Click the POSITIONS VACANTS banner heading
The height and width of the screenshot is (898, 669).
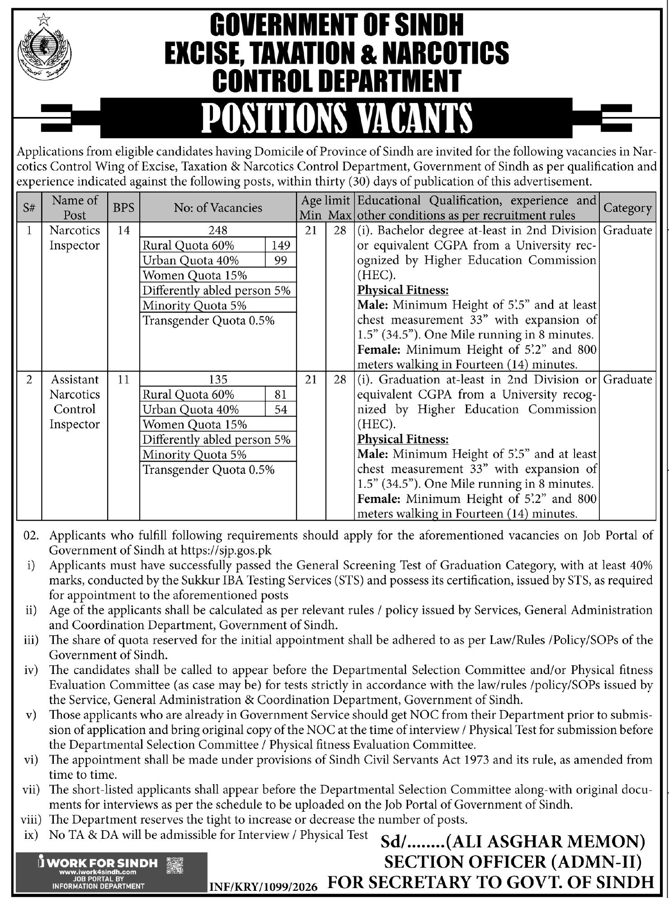tap(337, 118)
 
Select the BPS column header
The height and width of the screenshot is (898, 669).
tap(123, 207)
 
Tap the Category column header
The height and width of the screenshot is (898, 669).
tap(627, 208)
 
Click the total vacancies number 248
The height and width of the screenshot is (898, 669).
tap(218, 230)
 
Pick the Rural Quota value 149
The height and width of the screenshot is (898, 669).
tap(280, 245)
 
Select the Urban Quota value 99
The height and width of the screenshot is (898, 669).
tap(280, 260)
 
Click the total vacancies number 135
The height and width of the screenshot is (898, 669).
tap(218, 379)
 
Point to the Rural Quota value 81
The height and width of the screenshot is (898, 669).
tap(280, 394)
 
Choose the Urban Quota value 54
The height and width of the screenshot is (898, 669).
tap(280, 409)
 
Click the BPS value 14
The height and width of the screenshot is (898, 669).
tap(123, 230)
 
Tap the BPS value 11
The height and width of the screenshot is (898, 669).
tap(123, 379)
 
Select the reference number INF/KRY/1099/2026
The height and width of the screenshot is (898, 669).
tap(264, 888)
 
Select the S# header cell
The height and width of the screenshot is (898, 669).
tap(29, 207)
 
